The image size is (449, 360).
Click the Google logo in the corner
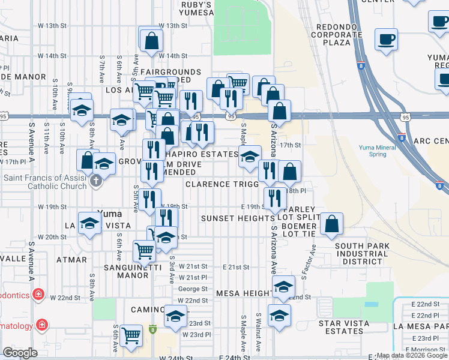tap(20, 353)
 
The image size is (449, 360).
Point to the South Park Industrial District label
tap(362, 254)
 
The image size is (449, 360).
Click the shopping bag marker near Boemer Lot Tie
tap(331, 225)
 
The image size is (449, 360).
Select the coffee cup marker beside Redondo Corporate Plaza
tap(385, 40)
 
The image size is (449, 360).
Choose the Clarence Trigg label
tap(221, 184)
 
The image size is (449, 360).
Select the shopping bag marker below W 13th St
tap(151, 41)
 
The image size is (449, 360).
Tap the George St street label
tap(193, 289)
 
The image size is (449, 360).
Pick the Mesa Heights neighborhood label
tap(243, 293)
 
